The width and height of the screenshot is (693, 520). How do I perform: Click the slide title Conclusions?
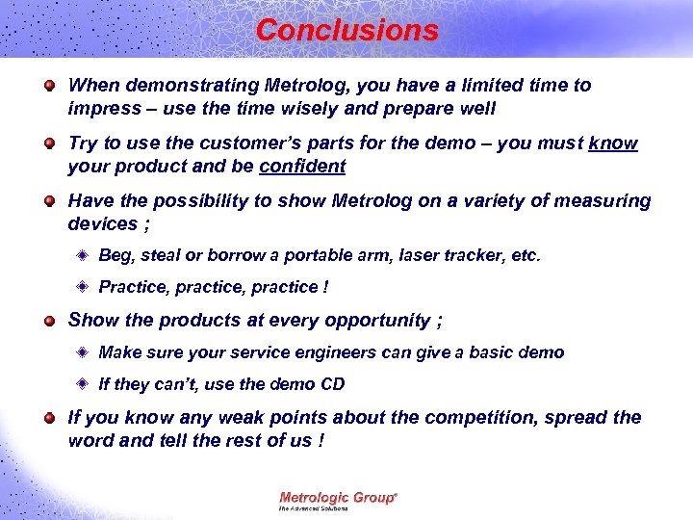[x=346, y=30]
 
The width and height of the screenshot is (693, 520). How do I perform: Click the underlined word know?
[x=613, y=143]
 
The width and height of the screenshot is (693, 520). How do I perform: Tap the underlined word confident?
[x=302, y=166]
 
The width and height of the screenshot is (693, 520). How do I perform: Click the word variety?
[x=500, y=201]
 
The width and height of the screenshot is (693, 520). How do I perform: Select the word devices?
[x=102, y=223]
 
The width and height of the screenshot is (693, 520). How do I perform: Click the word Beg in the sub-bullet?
[x=115, y=256]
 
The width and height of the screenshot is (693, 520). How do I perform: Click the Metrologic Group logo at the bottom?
[x=337, y=499]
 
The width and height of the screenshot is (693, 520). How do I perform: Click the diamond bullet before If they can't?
[x=85, y=384]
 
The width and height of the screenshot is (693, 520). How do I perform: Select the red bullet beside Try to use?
[x=49, y=143]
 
